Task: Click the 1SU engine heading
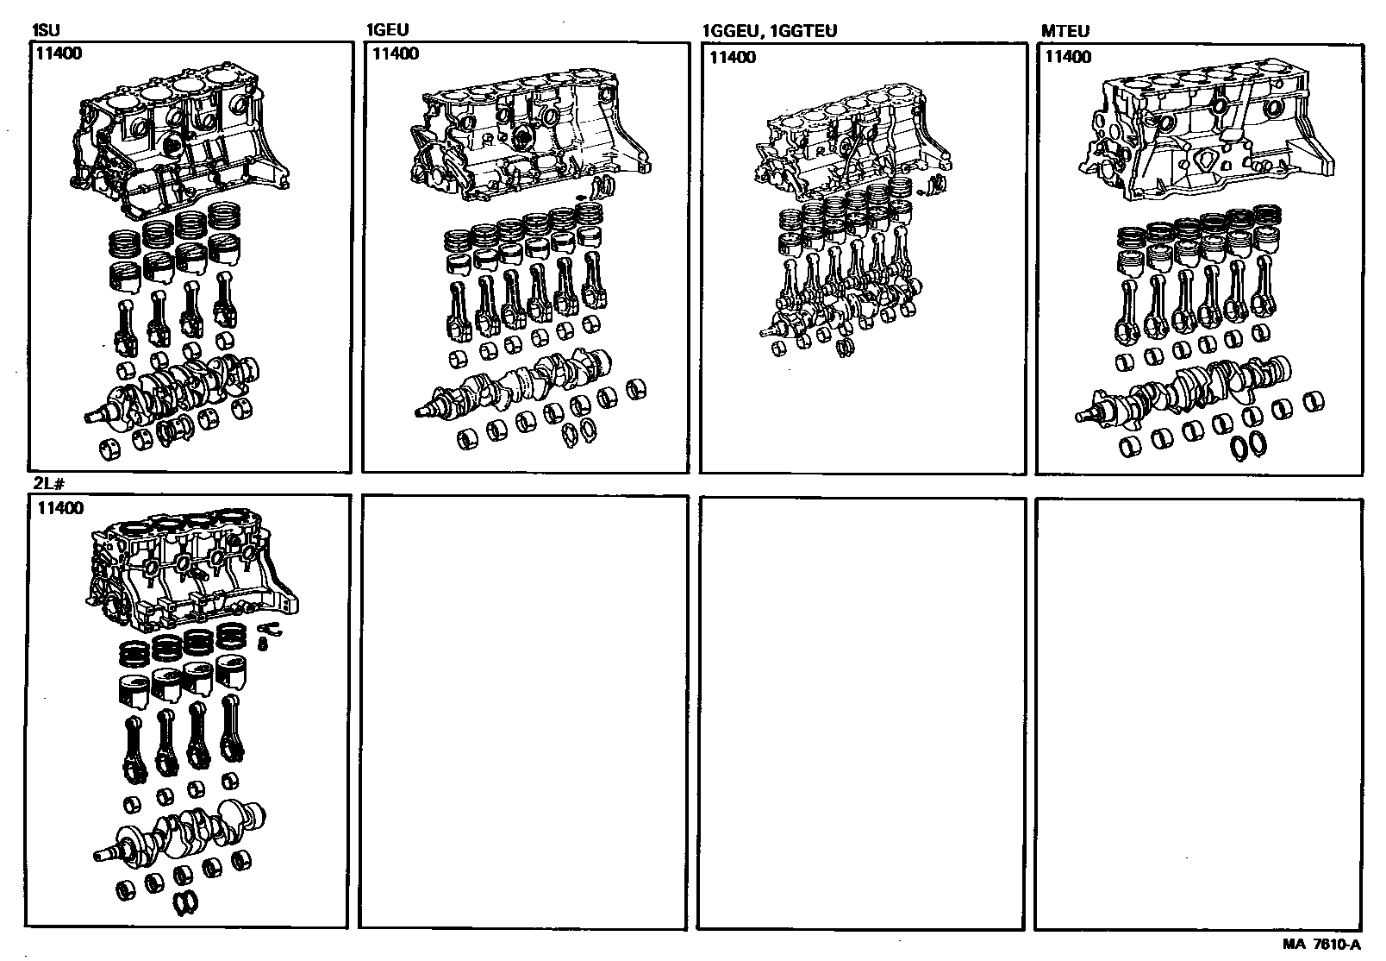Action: [x=46, y=30]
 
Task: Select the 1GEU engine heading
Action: [x=388, y=29]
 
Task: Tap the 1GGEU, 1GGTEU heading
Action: [x=770, y=31]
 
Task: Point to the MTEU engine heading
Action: [x=1065, y=31]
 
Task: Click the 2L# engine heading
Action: [x=49, y=484]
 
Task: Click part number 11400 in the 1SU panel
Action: [x=59, y=53]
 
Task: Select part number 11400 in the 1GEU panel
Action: [x=396, y=53]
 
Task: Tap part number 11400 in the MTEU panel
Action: [x=1069, y=57]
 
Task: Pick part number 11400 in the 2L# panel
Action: [x=60, y=508]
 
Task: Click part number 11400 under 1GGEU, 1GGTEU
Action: [x=733, y=58]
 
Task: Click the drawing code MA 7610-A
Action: [x=1321, y=945]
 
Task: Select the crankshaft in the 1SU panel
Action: [x=172, y=390]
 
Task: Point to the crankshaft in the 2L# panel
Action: [x=179, y=832]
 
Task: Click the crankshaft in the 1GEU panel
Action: [x=513, y=384]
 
